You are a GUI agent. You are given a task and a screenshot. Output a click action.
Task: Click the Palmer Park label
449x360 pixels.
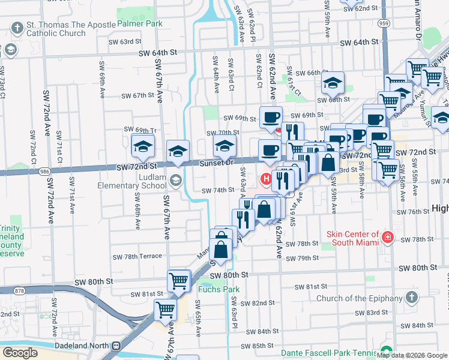(140, 24)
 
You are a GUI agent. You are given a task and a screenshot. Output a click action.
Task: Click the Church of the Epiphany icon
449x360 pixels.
(411, 298)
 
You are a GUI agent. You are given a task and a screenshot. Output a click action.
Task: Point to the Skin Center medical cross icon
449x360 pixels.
(388, 238)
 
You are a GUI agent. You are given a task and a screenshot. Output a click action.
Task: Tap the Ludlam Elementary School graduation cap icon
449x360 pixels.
(175, 179)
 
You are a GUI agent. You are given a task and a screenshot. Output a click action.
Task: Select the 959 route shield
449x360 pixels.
(384, 23)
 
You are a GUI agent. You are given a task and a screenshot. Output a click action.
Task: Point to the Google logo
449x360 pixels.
(20, 352)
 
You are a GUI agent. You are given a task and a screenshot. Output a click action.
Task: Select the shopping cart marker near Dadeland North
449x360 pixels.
(165, 310)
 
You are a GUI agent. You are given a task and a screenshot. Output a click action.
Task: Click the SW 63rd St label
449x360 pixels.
(124, 42)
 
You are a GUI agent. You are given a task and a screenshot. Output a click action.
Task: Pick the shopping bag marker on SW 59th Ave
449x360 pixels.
(328, 163)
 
